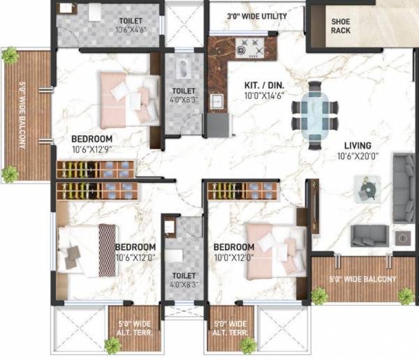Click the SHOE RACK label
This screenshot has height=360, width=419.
340,27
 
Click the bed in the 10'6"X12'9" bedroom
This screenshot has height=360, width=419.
129,96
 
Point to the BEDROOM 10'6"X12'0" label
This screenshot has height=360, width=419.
135,253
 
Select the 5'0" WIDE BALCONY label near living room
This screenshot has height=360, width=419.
362,280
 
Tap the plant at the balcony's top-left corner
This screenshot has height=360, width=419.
10,56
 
